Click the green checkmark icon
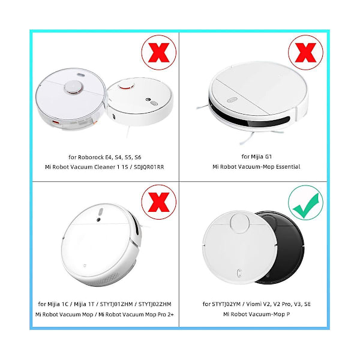point(305,203)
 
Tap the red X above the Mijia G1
point(305,53)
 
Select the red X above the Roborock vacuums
point(159,53)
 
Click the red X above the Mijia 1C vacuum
point(159,202)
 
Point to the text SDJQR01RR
point(149,167)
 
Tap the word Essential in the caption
point(288,166)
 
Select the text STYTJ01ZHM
point(116,304)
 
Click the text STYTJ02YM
point(226,304)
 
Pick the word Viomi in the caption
point(253,304)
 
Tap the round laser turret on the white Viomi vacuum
point(239,223)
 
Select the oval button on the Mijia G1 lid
point(232,100)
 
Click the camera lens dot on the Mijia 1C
point(98,220)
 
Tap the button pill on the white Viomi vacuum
point(239,273)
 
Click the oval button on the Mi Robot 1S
point(154,103)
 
